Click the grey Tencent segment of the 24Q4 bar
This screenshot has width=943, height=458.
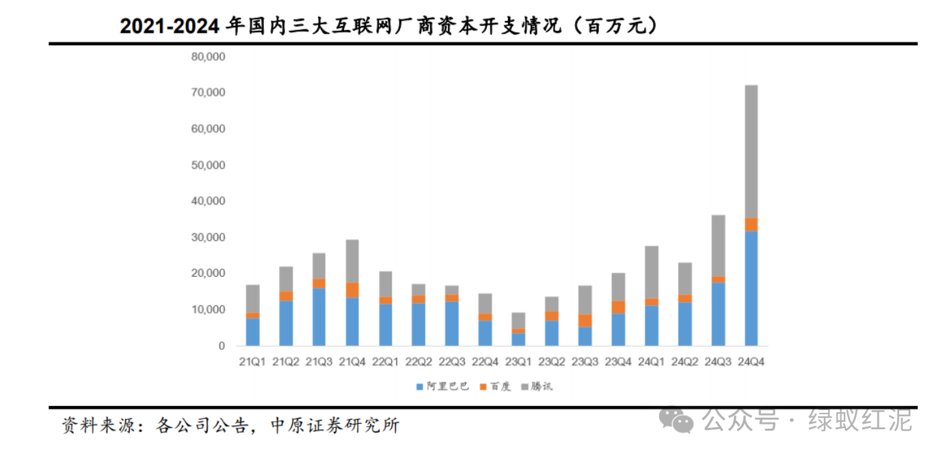[x=751, y=151]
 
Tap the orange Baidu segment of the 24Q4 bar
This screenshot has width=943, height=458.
[x=751, y=224]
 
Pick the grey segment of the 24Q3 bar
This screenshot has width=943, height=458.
[x=718, y=246]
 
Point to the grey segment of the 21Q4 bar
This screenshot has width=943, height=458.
[x=352, y=261]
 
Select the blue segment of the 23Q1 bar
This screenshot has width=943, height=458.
[x=518, y=339]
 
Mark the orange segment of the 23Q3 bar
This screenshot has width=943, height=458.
[x=585, y=321]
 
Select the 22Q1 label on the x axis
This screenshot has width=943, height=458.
[x=386, y=362]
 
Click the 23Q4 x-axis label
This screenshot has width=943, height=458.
[x=617, y=362]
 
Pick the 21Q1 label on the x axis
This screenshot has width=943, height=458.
[x=253, y=362]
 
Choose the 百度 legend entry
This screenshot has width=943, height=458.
[x=497, y=387]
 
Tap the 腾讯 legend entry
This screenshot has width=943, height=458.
[x=539, y=387]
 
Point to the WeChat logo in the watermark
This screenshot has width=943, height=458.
[x=674, y=418]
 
